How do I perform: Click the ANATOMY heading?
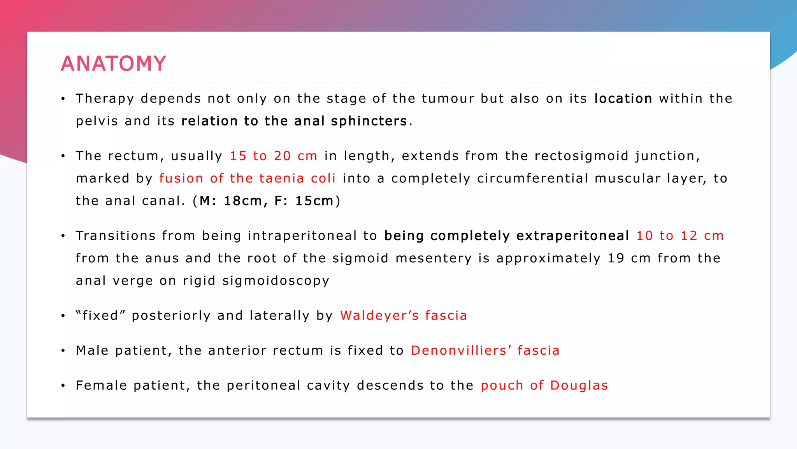[113, 64]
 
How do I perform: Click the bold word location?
[623, 99]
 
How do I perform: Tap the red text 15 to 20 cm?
[273, 156]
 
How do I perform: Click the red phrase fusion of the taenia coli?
[247, 179]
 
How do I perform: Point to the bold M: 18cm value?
[230, 201]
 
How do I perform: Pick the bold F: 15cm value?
[304, 201]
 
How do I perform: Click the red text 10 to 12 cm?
[679, 236]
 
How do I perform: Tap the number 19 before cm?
[616, 258]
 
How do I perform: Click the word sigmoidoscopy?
[276, 281]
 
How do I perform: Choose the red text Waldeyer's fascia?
[403, 316]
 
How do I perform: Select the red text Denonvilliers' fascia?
[485, 350]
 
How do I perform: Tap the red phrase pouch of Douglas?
[544, 385]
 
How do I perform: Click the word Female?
[101, 385]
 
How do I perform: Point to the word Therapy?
[105, 99]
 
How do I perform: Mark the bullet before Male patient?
[63, 351]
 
